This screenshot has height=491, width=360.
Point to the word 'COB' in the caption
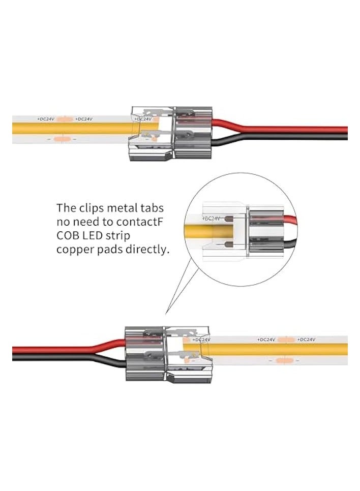(67, 236)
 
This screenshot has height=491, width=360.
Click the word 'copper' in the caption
(74, 251)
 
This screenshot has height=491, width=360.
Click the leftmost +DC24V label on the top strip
(46, 119)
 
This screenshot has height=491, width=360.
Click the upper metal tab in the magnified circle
(228, 221)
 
